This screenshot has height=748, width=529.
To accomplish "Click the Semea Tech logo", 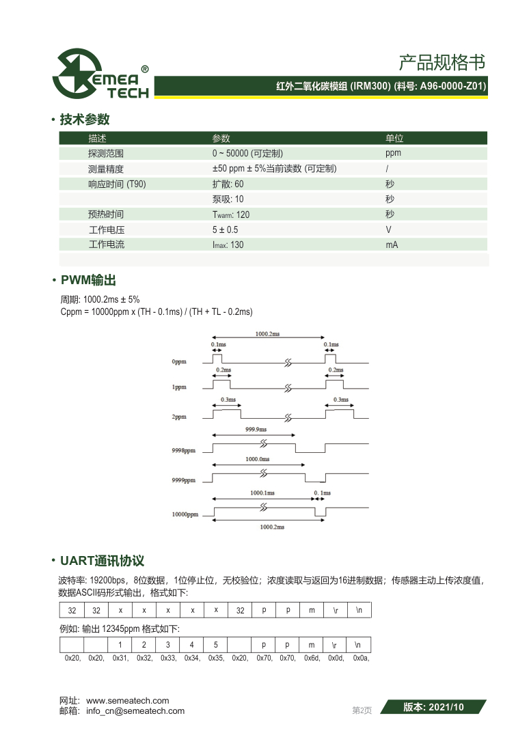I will point(102,74).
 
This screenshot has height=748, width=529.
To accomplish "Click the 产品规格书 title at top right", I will point(442,63).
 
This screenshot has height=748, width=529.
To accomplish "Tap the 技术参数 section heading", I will point(85,120).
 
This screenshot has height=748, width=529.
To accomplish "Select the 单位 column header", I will point(394,138).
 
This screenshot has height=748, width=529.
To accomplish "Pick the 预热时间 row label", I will point(106,214).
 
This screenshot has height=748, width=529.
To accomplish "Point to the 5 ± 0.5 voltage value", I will point(225,230).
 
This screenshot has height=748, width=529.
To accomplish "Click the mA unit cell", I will point(392,245).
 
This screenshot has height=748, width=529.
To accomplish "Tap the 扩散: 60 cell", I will point(228,184).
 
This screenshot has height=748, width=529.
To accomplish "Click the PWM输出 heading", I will point(88,280).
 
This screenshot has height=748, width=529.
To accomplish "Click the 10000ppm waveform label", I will point(185,514).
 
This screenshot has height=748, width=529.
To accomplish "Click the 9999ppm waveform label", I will point(183,480).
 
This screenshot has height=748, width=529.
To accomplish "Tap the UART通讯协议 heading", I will point(102,561).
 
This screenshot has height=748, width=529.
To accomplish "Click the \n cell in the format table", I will point(360,609).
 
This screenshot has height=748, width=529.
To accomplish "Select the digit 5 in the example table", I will point(215,644).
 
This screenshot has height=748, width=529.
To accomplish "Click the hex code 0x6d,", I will point(312,659).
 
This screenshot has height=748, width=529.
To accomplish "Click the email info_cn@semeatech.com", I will point(135,710).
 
